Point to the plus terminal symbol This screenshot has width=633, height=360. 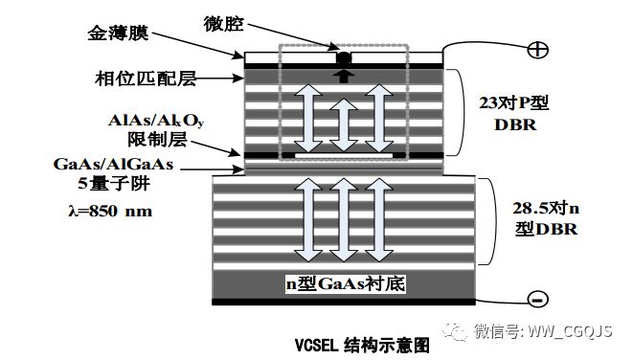click(537, 49)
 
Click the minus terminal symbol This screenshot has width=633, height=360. click(537, 299)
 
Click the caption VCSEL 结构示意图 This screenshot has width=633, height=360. click(363, 343)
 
